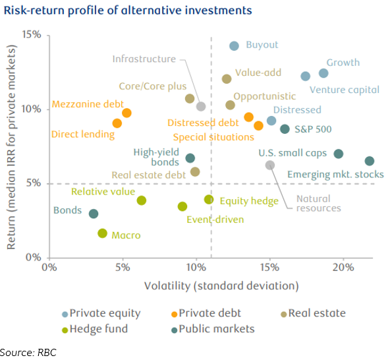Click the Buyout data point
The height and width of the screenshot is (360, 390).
234,45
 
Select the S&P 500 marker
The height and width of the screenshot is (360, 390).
285,129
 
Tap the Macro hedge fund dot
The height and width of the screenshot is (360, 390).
103,233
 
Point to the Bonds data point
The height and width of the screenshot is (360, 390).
94,214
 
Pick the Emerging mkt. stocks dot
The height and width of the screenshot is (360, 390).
370,161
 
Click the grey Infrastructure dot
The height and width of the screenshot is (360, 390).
201,106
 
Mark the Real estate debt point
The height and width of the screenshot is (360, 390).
195,172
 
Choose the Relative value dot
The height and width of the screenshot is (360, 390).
142,200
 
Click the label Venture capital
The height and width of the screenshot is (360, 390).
345,90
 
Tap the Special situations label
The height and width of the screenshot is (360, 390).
213,137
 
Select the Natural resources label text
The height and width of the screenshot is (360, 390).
319,203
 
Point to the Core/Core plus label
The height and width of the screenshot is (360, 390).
153,86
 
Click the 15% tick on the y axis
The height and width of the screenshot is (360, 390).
32,34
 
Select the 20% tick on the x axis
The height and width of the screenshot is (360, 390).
343,268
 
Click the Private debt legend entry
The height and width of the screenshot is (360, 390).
206,313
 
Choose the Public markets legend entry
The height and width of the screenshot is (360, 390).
213,329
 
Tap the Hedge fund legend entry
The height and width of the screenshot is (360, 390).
95,329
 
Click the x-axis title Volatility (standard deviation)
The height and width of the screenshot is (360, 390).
221,286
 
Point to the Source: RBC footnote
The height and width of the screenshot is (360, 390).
28,353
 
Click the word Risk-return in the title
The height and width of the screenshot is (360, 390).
34,11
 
